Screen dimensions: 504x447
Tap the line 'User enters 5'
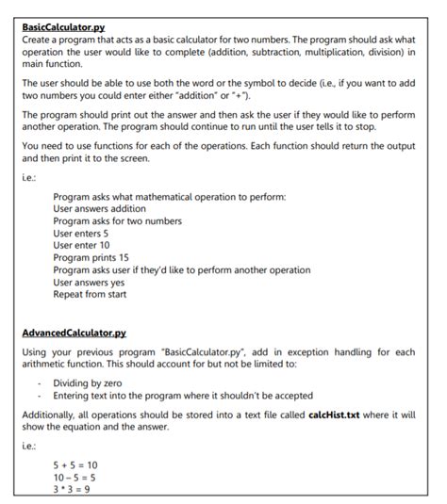click(81, 233)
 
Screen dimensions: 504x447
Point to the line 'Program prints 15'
click(91, 257)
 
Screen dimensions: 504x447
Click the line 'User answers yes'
click(89, 282)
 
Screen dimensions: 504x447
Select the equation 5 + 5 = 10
click(75, 464)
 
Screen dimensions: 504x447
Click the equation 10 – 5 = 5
click(75, 477)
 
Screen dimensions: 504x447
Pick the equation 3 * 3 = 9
click(72, 489)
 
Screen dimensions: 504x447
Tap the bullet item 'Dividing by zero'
click(89, 382)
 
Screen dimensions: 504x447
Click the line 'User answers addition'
click(99, 208)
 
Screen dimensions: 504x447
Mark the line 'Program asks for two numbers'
click(118, 220)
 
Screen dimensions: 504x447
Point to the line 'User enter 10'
click(82, 245)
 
